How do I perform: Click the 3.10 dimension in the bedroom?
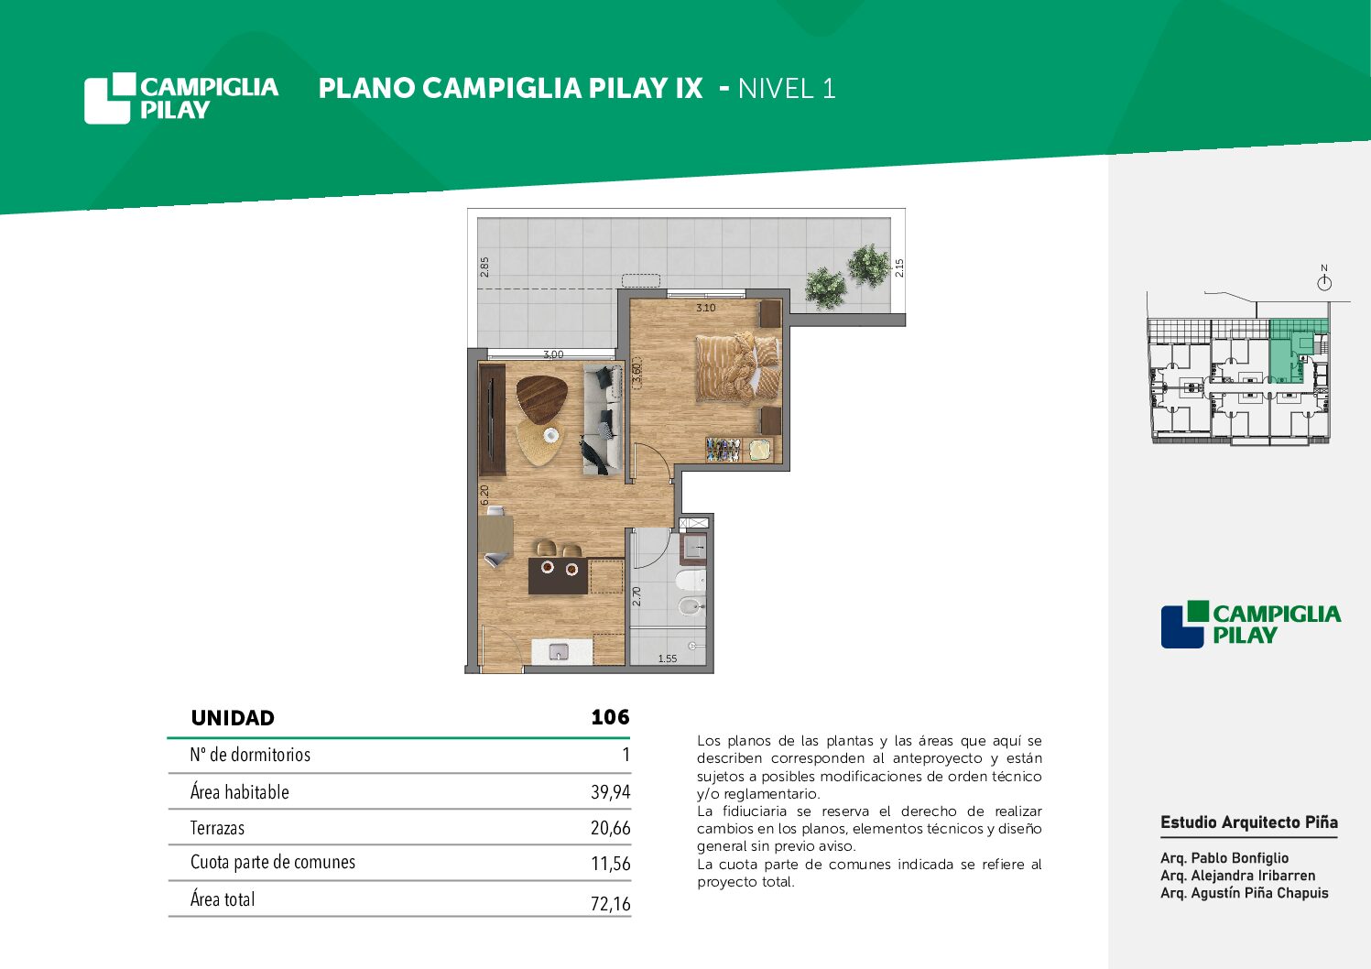click(x=706, y=308)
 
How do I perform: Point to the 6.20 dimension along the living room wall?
click(x=484, y=495)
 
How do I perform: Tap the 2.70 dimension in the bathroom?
click(x=637, y=596)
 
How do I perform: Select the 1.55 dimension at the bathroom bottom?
click(x=668, y=659)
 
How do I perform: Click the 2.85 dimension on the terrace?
click(x=484, y=267)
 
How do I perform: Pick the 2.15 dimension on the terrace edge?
click(x=899, y=267)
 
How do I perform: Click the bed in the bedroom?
click(x=738, y=368)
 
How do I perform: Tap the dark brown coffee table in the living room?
click(x=541, y=398)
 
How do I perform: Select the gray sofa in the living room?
click(x=603, y=419)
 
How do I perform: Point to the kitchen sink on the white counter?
click(x=558, y=651)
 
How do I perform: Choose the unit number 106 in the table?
click(x=610, y=717)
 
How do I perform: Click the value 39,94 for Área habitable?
click(x=610, y=792)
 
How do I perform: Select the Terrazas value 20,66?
click(x=610, y=828)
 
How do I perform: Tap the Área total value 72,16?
click(x=610, y=903)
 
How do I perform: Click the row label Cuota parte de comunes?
click(x=272, y=862)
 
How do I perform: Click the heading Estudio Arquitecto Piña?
click(x=1249, y=822)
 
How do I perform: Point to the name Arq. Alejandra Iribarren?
click(x=1237, y=876)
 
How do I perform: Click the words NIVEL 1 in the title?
click(x=787, y=89)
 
